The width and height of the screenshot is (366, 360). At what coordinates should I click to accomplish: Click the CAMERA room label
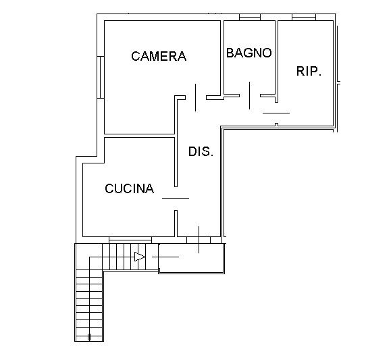(159, 56)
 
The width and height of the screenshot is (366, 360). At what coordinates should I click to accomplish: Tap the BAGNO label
(249, 53)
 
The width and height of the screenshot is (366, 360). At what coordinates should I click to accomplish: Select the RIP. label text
(309, 71)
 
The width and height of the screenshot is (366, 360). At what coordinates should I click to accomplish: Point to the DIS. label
(201, 151)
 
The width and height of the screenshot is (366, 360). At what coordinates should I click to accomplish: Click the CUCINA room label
(129, 188)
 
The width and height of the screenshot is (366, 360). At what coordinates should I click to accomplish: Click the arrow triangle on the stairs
(140, 257)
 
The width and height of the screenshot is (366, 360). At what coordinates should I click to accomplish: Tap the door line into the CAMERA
(195, 97)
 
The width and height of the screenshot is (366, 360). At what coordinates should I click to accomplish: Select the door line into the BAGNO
(250, 95)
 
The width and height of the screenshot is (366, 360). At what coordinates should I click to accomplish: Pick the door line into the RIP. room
(276, 113)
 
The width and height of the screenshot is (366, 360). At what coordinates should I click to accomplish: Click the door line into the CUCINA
(176, 198)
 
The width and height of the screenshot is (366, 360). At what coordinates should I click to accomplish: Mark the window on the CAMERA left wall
(101, 77)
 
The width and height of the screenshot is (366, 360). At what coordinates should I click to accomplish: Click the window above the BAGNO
(250, 18)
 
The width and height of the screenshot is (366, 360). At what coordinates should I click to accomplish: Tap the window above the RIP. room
(304, 18)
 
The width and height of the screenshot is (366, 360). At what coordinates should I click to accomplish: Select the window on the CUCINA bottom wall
(130, 240)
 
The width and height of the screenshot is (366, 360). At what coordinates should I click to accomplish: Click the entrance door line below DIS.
(199, 240)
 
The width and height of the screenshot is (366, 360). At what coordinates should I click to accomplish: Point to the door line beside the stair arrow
(165, 257)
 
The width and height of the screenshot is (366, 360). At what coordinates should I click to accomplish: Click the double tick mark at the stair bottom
(89, 337)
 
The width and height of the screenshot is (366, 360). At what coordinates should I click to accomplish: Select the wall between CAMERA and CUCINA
(139, 136)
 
